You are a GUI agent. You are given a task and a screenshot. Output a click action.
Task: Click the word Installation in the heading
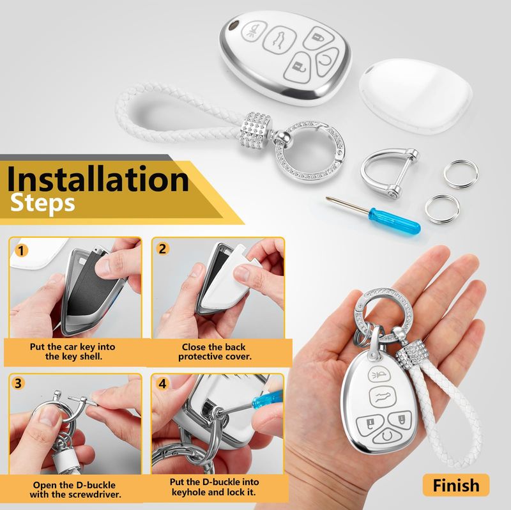(x=98, y=180)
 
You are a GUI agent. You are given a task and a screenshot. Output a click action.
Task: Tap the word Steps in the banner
(x=43, y=204)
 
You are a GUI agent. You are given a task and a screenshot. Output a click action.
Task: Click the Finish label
(x=456, y=485)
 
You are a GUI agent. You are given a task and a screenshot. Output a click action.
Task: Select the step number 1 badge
(x=22, y=251)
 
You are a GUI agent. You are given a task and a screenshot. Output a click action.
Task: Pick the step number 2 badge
(x=163, y=249)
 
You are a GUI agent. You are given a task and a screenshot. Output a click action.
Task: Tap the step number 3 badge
(x=19, y=383)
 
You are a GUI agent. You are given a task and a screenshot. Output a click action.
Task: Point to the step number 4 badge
(x=163, y=383)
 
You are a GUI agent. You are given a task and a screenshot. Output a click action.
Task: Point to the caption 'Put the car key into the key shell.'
(x=73, y=352)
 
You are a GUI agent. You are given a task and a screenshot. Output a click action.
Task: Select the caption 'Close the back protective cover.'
(x=215, y=352)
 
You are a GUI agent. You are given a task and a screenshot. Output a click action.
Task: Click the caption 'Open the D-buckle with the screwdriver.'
(x=75, y=490)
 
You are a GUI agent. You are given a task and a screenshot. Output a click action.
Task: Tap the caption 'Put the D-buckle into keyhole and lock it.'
(x=214, y=487)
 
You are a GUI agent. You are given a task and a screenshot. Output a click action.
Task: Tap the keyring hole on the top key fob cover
(x=233, y=26)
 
